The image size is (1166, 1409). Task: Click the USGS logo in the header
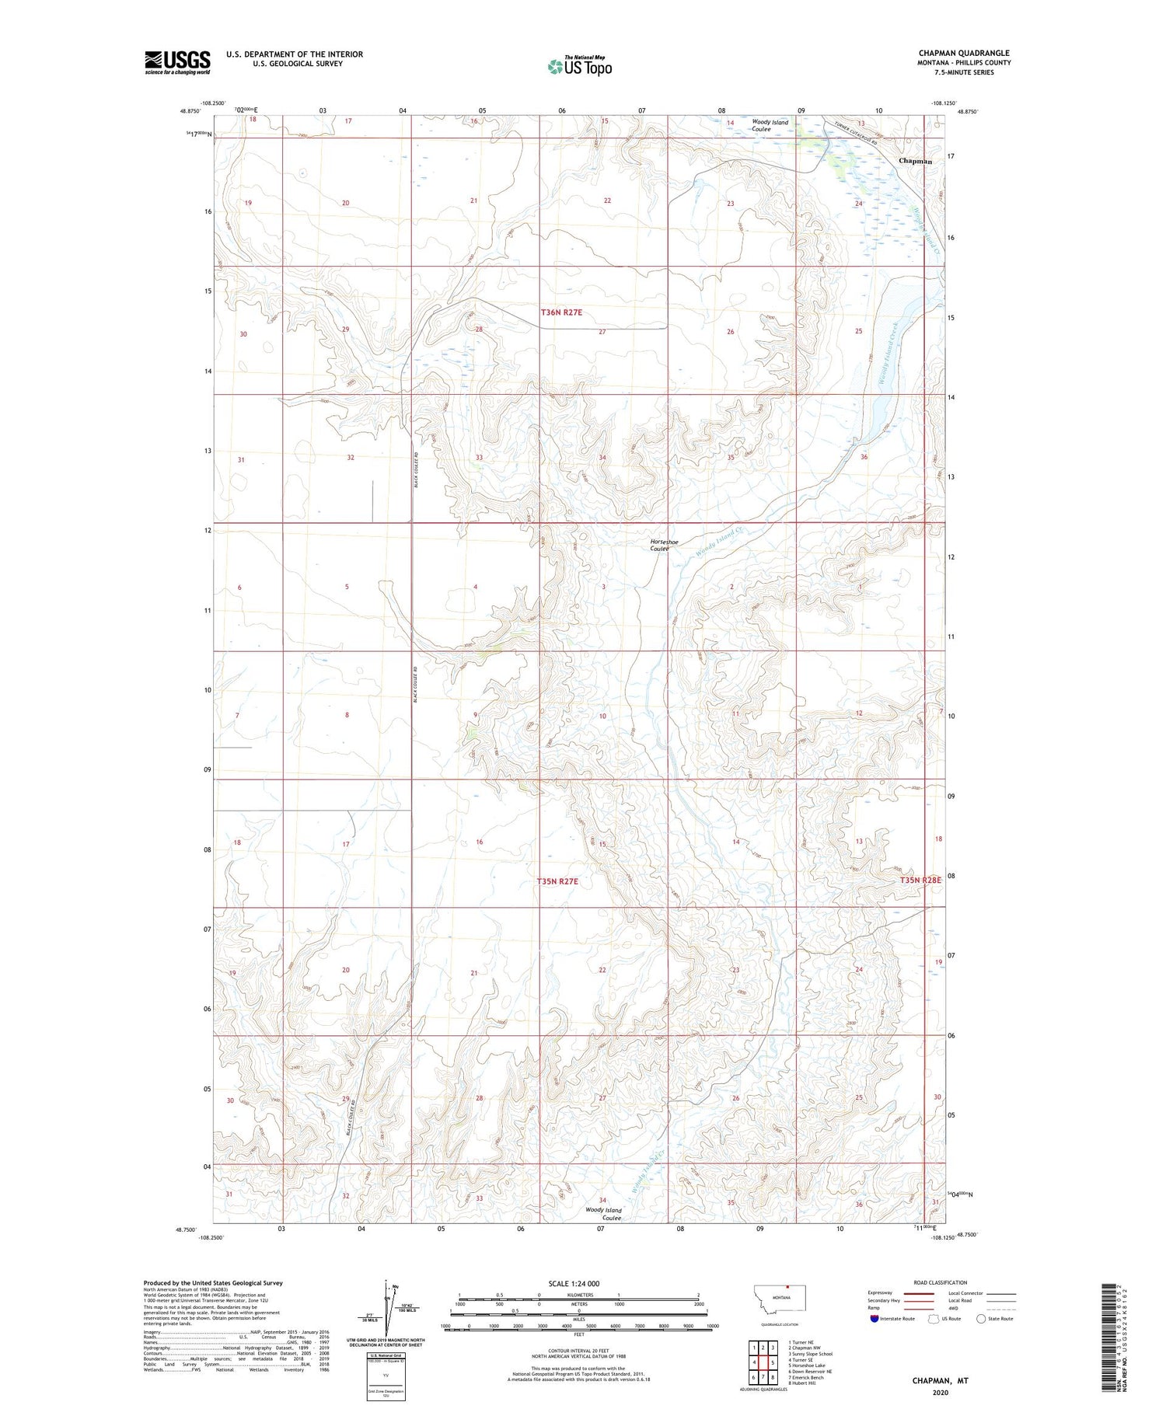tap(177, 62)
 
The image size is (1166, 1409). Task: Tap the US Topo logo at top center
tap(579, 66)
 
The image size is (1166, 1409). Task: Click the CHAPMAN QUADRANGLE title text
tap(964, 53)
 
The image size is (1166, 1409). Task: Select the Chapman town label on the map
tap(915, 161)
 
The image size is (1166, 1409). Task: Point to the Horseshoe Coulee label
tap(659, 545)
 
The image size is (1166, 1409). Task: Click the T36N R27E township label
tap(561, 312)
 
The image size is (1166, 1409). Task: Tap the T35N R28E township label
tap(920, 880)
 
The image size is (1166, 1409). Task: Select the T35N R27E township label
tap(557, 881)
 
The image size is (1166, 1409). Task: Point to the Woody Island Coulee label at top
tap(770, 125)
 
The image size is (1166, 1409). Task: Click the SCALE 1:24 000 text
tap(574, 1283)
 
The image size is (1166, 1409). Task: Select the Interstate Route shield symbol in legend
tap(875, 1318)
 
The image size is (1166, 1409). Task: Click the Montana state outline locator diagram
tap(780, 1298)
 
